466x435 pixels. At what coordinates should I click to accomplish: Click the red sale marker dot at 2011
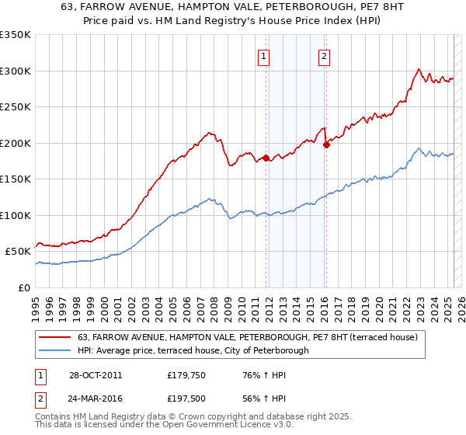266,158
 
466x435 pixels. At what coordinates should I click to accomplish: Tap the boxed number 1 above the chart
264,55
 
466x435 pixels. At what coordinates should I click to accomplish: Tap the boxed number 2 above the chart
323,55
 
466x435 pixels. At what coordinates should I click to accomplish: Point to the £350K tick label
16,35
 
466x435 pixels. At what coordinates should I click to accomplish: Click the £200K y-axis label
16,143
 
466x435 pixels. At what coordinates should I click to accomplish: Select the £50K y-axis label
18,252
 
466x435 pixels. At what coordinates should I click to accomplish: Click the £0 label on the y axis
24,287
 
